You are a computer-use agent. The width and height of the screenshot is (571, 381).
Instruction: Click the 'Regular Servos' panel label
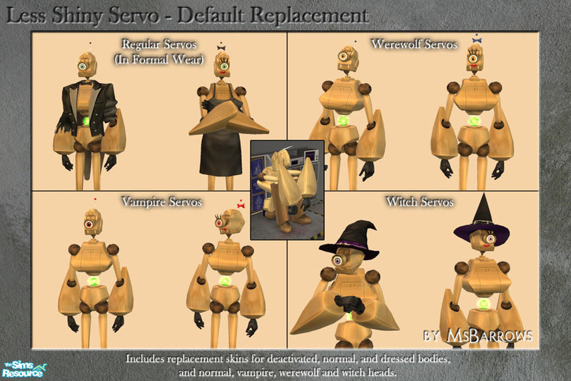coord(158,44)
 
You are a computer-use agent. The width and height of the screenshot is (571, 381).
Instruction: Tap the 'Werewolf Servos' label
coord(414,44)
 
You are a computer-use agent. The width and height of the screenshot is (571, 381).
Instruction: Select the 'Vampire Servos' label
coord(161,202)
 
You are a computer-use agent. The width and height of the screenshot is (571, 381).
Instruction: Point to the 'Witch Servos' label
coord(420,202)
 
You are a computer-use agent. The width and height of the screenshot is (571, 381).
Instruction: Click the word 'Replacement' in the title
coord(310,16)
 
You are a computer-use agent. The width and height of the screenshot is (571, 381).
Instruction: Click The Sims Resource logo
coord(24,370)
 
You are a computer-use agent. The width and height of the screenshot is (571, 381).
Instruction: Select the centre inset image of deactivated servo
coord(288,190)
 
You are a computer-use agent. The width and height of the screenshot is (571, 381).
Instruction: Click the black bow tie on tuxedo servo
coord(86,82)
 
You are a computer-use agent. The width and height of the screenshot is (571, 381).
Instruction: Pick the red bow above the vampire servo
coord(241,206)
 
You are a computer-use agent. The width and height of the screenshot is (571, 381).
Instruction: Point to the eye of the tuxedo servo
coord(83,66)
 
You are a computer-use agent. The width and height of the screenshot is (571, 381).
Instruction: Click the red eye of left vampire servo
coord(89,224)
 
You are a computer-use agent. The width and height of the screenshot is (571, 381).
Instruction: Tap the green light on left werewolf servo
coord(343,120)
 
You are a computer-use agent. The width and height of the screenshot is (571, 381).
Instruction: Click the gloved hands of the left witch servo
coord(349,303)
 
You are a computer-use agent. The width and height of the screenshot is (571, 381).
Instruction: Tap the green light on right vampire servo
coord(225,281)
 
